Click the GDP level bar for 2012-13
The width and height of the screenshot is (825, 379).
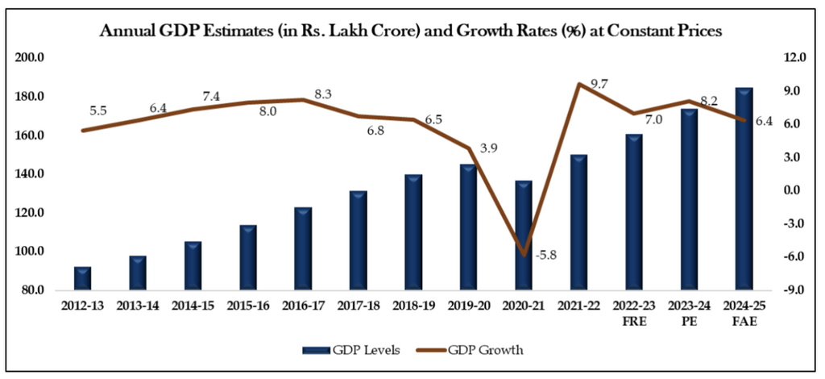point(82,278)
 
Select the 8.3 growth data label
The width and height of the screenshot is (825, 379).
point(323,94)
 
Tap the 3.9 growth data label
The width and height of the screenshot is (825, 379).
point(488,149)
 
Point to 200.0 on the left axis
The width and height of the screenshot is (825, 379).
point(30,58)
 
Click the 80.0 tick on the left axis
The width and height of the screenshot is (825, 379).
point(32,290)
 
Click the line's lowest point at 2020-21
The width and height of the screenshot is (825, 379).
point(524,255)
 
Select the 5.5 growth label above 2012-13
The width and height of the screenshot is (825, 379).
point(98,110)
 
